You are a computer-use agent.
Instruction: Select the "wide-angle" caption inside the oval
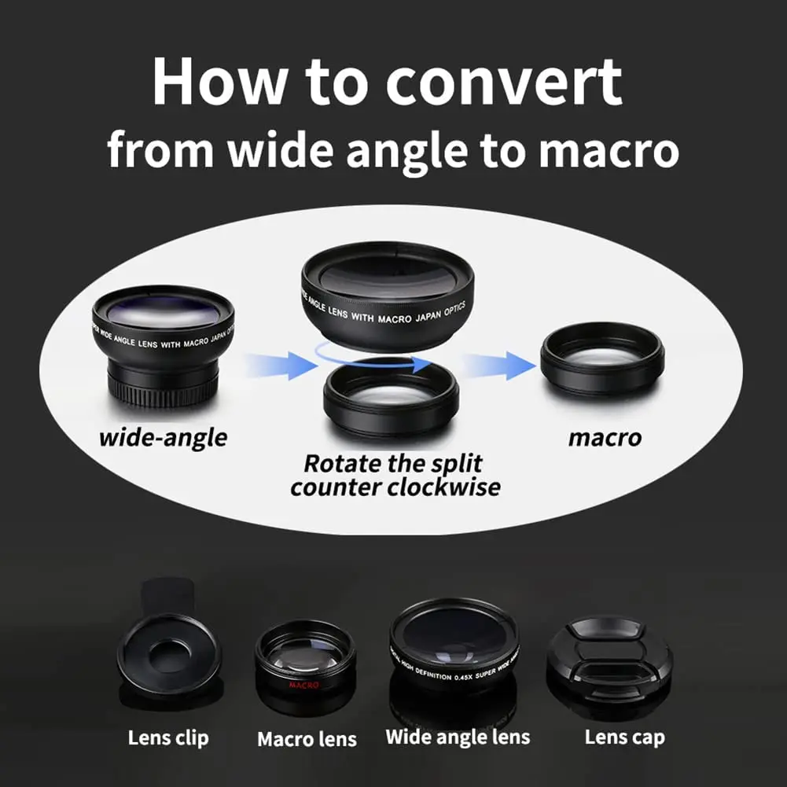pyautogui.click(x=163, y=437)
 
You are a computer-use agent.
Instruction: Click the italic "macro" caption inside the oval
pyautogui.click(x=605, y=437)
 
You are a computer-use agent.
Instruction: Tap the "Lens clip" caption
pyautogui.click(x=168, y=737)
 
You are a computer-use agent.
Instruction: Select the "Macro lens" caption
pyautogui.click(x=307, y=739)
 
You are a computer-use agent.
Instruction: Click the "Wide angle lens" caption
pyautogui.click(x=458, y=737)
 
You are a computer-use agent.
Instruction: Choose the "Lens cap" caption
pyautogui.click(x=624, y=737)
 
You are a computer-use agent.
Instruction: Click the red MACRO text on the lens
pyautogui.click(x=303, y=685)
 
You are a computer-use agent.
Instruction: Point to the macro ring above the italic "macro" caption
pyautogui.click(x=602, y=358)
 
